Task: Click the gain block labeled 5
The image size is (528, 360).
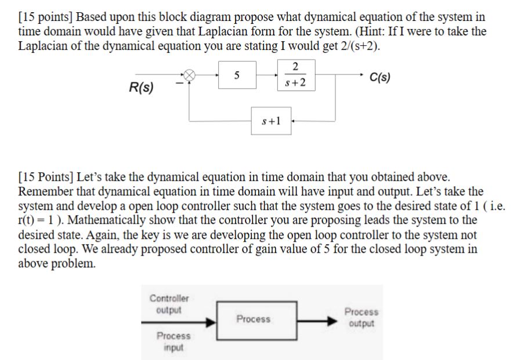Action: pos(237,75)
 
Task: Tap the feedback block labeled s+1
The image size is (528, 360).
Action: pos(271,121)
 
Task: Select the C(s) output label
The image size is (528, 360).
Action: pos(380,77)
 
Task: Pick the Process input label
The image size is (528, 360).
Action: pos(173,341)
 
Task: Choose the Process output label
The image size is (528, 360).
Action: pos(361,318)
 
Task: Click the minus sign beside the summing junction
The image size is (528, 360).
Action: pos(180,85)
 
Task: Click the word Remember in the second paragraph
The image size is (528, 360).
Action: pos(46,191)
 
